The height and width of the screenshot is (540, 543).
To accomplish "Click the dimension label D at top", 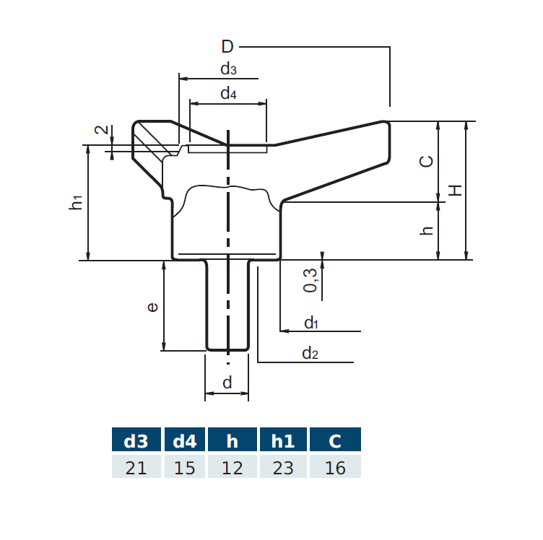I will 227,48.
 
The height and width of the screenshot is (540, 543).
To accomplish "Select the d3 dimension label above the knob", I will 228,69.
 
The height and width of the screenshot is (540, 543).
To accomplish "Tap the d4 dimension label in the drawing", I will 228,94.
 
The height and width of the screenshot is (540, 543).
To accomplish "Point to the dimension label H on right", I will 455,190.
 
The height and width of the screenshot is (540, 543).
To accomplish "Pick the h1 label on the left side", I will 77,203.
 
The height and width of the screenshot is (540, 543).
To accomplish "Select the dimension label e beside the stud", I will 152,307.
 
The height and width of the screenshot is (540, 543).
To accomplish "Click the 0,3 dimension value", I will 310,279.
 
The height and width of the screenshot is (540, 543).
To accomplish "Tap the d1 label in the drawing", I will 310,323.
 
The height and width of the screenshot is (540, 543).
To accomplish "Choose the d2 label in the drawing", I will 310,353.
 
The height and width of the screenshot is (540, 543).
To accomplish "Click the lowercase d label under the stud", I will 227,383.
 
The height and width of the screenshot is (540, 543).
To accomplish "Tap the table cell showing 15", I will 185,468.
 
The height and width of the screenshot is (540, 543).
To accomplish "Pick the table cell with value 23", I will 283,468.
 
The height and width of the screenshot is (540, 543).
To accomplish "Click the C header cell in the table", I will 335,441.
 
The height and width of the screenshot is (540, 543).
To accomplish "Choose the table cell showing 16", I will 335,468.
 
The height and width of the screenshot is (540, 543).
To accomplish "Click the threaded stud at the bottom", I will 227,307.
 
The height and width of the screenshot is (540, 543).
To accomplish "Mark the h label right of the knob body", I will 427,230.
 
